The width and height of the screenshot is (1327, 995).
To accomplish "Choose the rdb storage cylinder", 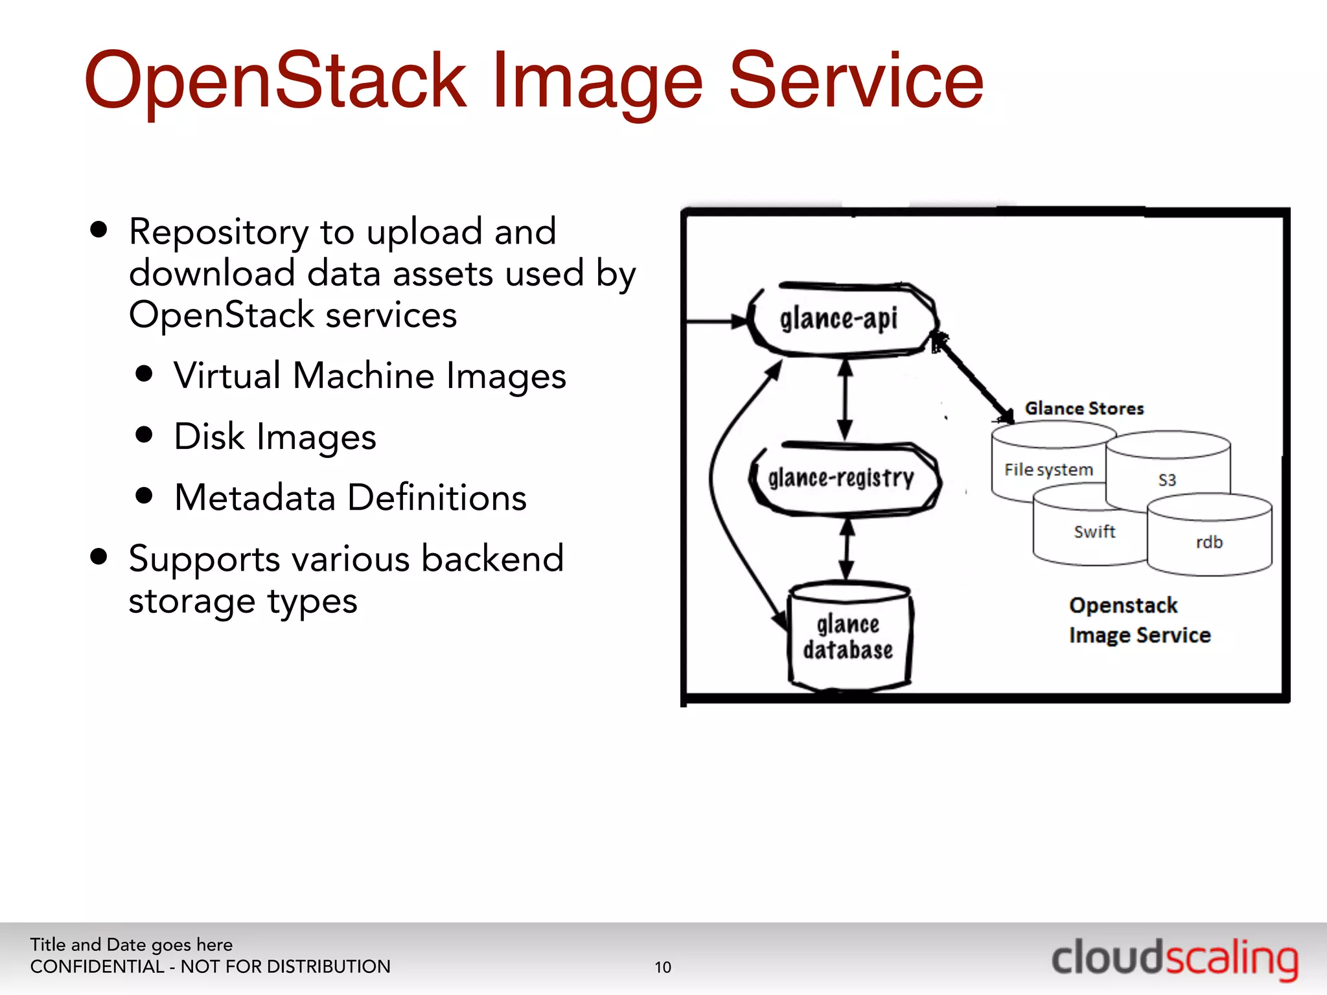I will [x=1209, y=542].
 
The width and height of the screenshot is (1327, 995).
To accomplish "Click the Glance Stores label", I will [x=1084, y=408].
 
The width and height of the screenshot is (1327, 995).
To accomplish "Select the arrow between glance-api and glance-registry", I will [x=845, y=399].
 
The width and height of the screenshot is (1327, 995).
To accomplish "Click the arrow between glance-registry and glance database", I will [x=847, y=549].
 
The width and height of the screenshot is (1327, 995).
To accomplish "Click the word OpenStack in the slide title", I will [x=275, y=82].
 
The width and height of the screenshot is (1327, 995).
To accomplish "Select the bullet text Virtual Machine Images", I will [x=369, y=376].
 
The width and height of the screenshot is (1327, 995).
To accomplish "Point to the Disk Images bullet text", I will [x=275, y=437].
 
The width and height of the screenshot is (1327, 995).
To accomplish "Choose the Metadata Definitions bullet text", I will [x=350, y=497].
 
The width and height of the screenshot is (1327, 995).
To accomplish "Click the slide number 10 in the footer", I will [x=663, y=967].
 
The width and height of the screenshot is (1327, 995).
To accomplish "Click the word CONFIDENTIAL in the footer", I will [x=97, y=966].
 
